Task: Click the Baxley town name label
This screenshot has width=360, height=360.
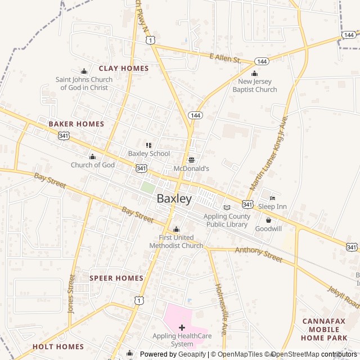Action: pos(174,199)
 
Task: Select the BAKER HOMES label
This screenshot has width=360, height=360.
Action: pos(76,124)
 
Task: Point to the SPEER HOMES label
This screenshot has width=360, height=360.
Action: pos(116,278)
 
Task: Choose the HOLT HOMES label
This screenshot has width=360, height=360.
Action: pos(58,346)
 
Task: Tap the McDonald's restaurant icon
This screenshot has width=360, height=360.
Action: pos(191,160)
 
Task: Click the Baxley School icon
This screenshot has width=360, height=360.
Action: pos(148,145)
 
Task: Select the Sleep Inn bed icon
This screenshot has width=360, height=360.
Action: pos(272,198)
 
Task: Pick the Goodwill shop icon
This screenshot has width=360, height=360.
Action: pos(268,220)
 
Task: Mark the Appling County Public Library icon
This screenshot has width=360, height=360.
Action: pos(227,208)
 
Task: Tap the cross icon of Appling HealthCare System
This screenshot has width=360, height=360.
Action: pos(182,327)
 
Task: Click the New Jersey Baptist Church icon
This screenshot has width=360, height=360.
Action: pos(254,73)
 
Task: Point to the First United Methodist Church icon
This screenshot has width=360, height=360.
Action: pos(176,229)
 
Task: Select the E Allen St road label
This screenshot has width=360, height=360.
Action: pos(224,58)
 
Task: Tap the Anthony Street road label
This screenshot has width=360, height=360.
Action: pos(258,254)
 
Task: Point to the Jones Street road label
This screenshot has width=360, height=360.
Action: pos(71,294)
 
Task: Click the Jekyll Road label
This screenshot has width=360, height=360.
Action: pos(344,296)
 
